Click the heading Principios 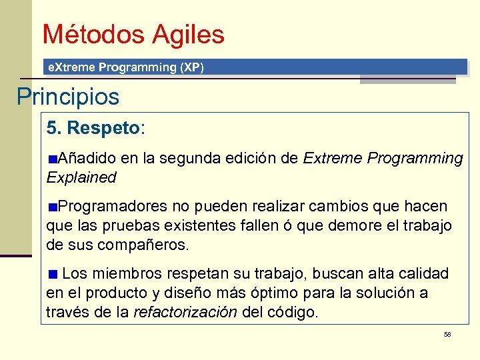point(67,97)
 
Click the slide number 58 point(447,333)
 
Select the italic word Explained point(81,177)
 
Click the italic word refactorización point(185,312)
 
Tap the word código point(293,312)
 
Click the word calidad point(425,273)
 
